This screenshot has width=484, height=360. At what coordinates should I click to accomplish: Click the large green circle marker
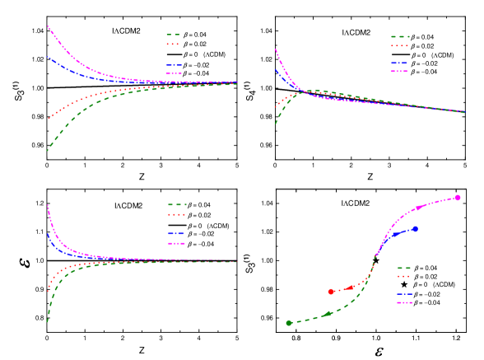[289, 323]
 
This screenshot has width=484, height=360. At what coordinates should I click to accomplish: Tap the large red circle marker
[331, 292]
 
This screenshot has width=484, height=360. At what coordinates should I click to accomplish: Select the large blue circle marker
[415, 229]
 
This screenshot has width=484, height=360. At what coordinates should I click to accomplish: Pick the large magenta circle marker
[458, 198]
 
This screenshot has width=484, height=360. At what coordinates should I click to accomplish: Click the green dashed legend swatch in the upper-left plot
[173, 35]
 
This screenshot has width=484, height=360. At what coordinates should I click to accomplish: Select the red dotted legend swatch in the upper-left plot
[173, 44]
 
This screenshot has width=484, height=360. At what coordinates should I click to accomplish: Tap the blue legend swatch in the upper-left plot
[174, 65]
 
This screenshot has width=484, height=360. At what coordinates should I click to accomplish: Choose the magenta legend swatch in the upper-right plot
[400, 72]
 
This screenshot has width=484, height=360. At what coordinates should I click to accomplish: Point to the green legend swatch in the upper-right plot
[400, 37]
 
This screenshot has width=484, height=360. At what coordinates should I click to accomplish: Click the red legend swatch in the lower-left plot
[176, 213]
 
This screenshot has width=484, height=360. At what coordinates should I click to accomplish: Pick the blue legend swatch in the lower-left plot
[176, 234]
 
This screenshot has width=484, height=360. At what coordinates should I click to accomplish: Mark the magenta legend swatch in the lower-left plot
[176, 244]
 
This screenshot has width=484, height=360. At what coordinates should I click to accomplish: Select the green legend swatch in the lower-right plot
[404, 269]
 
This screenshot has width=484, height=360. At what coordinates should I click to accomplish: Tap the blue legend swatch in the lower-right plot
[404, 294]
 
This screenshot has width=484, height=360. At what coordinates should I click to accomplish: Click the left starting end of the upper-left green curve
[47, 151]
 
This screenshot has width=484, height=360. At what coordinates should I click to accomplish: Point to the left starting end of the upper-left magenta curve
[48, 26]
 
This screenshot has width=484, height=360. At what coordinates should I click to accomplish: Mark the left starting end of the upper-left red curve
[48, 119]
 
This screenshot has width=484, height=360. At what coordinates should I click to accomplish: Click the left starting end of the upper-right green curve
[275, 124]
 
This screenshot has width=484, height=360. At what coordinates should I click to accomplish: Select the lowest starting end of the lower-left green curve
[47, 321]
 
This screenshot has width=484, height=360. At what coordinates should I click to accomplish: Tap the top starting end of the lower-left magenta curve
[48, 205]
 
